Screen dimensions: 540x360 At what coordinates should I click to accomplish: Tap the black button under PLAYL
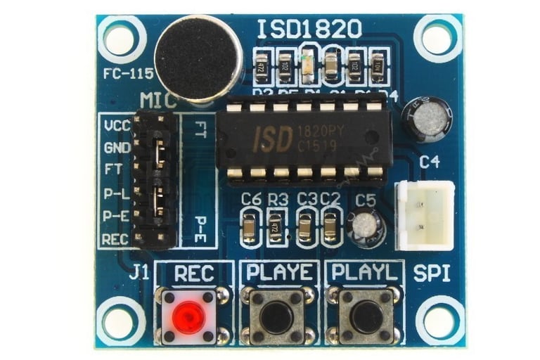pyautogui.click(x=367, y=317)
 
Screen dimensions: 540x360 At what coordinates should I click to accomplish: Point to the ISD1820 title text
pyautogui.click(x=309, y=29)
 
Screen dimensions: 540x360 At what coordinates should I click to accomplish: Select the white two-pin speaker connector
pyautogui.click(x=424, y=215)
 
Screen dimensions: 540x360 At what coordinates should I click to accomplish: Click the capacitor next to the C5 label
pyautogui.click(x=366, y=226)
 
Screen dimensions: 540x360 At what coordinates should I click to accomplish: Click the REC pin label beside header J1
pyautogui.click(x=115, y=239)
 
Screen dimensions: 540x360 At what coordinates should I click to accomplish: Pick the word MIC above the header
pyautogui.click(x=158, y=101)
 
